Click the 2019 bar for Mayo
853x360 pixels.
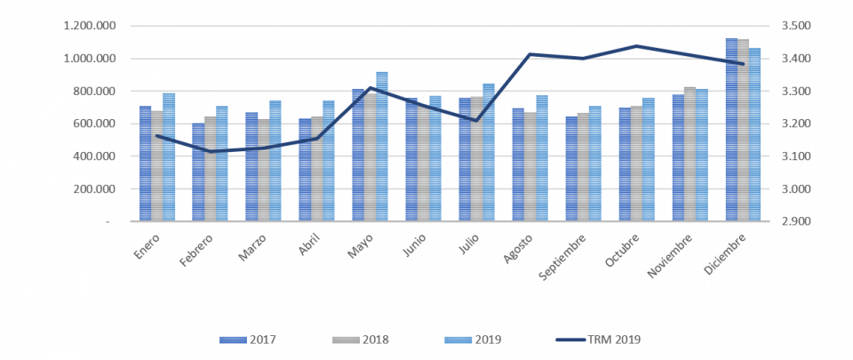pos(382,147)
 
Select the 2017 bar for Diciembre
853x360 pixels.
pos(731,130)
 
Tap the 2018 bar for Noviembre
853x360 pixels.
pos(690,154)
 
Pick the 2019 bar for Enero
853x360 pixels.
pos(169,156)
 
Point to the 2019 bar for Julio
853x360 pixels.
pos(489,152)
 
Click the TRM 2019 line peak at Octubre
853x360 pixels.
pos(636,45)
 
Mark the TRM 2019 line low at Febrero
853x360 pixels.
pos(211,151)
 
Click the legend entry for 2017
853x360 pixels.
pos(251,339)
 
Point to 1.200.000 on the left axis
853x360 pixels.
pos(87,26)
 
